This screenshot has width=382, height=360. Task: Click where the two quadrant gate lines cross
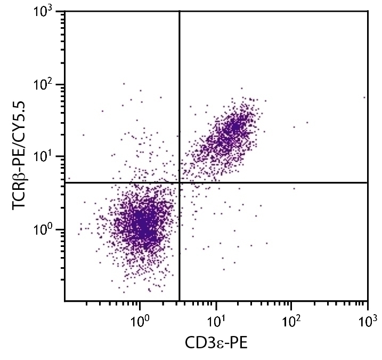180,183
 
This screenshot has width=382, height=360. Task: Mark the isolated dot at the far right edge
364,98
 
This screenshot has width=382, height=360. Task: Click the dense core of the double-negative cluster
141,221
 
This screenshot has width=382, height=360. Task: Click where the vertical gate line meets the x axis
180,301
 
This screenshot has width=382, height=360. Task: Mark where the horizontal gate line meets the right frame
368,183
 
